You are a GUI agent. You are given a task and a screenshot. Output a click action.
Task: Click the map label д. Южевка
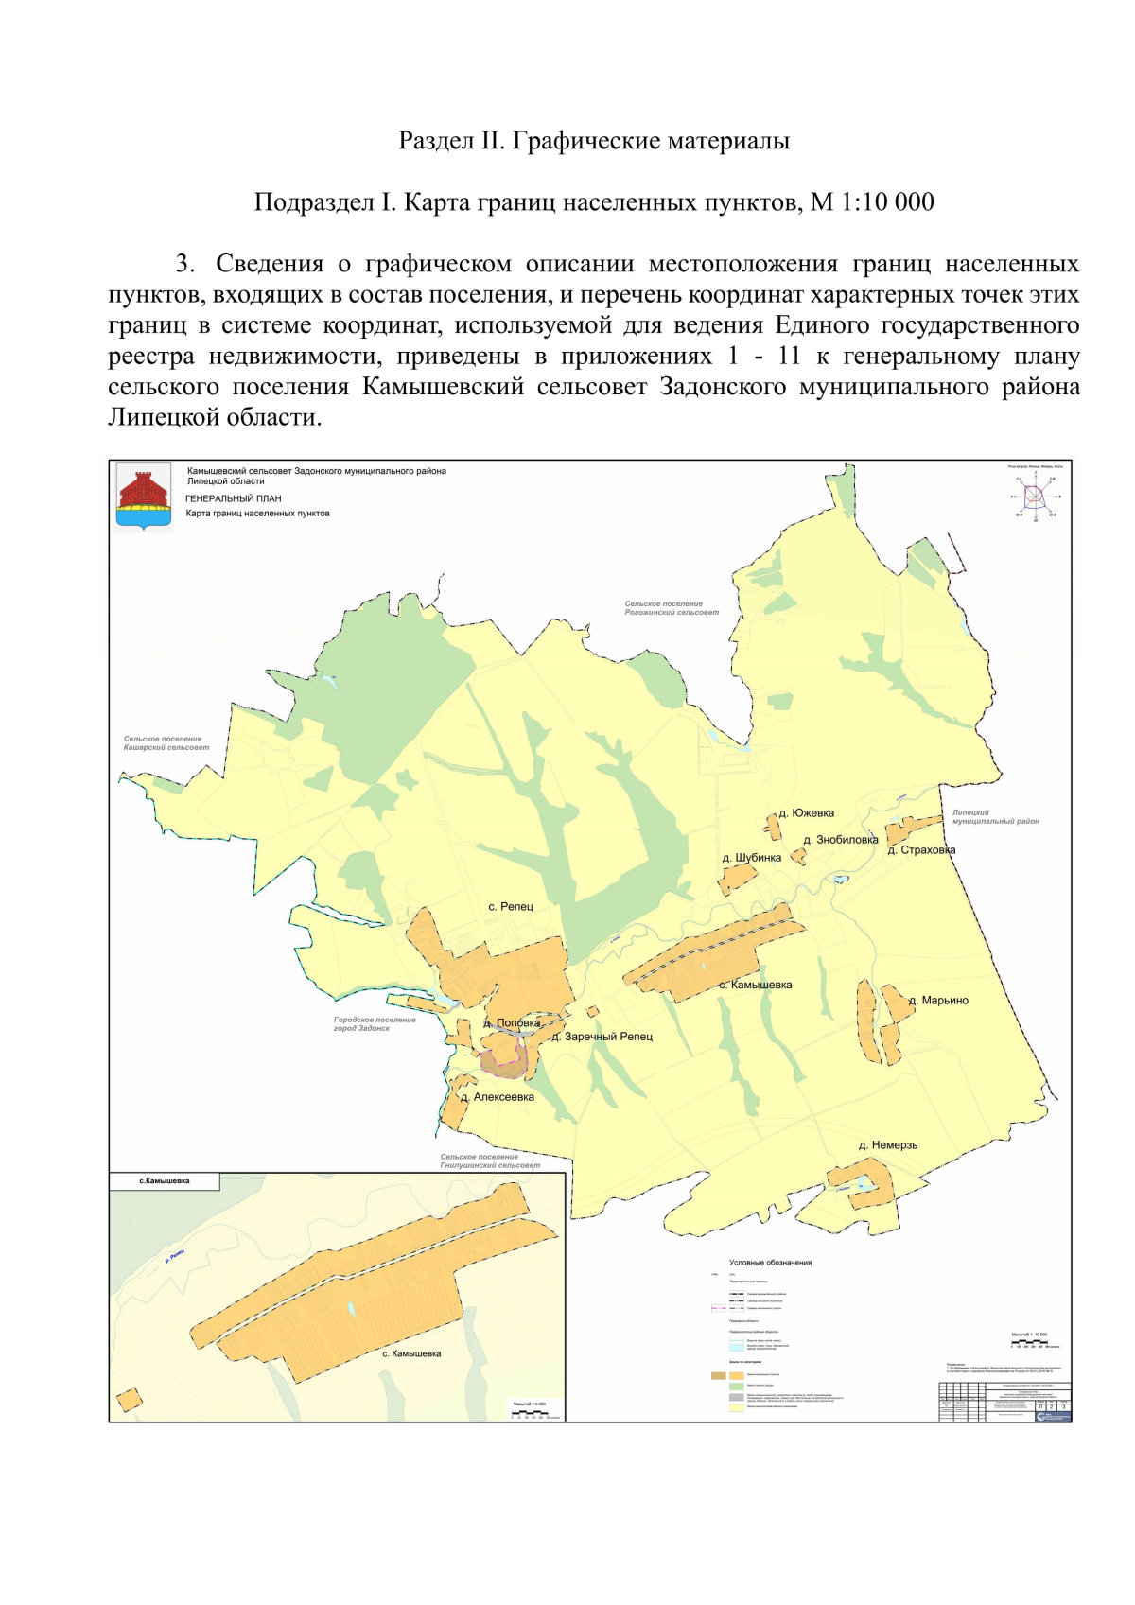(x=806, y=813)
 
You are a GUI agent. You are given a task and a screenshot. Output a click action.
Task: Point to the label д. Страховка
(x=921, y=850)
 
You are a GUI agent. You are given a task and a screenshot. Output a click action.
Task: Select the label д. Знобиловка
(x=840, y=840)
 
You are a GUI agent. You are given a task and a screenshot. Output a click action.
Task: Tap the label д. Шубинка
(x=752, y=858)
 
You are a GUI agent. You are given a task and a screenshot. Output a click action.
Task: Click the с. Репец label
(x=511, y=907)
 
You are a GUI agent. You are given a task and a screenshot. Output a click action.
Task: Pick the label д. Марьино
(x=938, y=1001)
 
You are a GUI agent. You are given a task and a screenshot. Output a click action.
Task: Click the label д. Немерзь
(x=887, y=1145)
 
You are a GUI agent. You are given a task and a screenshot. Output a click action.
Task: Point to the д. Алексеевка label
(x=498, y=1098)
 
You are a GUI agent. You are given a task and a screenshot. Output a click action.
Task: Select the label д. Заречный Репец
(x=602, y=1037)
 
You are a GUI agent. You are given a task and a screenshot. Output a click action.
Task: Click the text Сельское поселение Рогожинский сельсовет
(x=671, y=608)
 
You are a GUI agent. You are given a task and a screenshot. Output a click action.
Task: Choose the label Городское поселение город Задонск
(x=375, y=1024)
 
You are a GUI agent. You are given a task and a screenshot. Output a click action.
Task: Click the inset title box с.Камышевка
(x=165, y=1181)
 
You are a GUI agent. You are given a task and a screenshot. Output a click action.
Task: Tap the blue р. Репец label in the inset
(x=175, y=1256)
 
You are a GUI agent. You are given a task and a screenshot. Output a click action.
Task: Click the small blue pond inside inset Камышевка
(x=352, y=1309)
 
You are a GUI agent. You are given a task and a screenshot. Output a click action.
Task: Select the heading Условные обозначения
(x=770, y=1263)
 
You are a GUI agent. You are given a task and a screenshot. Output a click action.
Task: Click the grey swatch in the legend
(x=736, y=1397)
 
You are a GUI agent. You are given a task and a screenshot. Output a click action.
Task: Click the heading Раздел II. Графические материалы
(x=594, y=141)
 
